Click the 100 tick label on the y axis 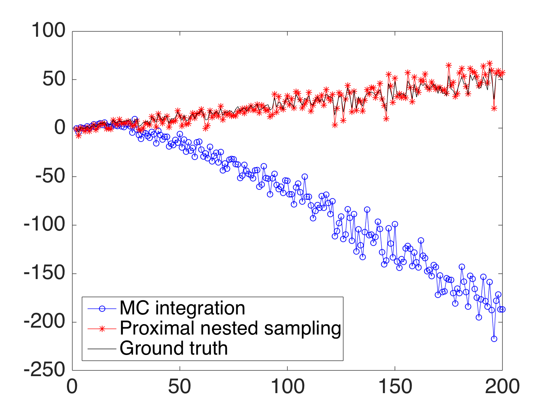[48, 31]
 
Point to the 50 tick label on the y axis [54, 79]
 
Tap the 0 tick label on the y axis [60, 128]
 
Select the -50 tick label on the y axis [50, 176]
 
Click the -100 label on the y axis [44, 225]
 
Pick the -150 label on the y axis [44, 274]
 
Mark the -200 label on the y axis [44, 322]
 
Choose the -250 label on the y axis [44, 370]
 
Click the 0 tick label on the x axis [72, 387]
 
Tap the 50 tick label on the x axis [180, 387]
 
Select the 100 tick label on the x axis [288, 387]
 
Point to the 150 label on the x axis [395, 387]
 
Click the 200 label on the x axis [502, 387]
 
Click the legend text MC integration [182, 308]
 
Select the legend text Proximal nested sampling [230, 328]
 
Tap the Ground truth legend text [173, 348]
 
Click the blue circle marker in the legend [102, 309]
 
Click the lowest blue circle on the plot [494, 339]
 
